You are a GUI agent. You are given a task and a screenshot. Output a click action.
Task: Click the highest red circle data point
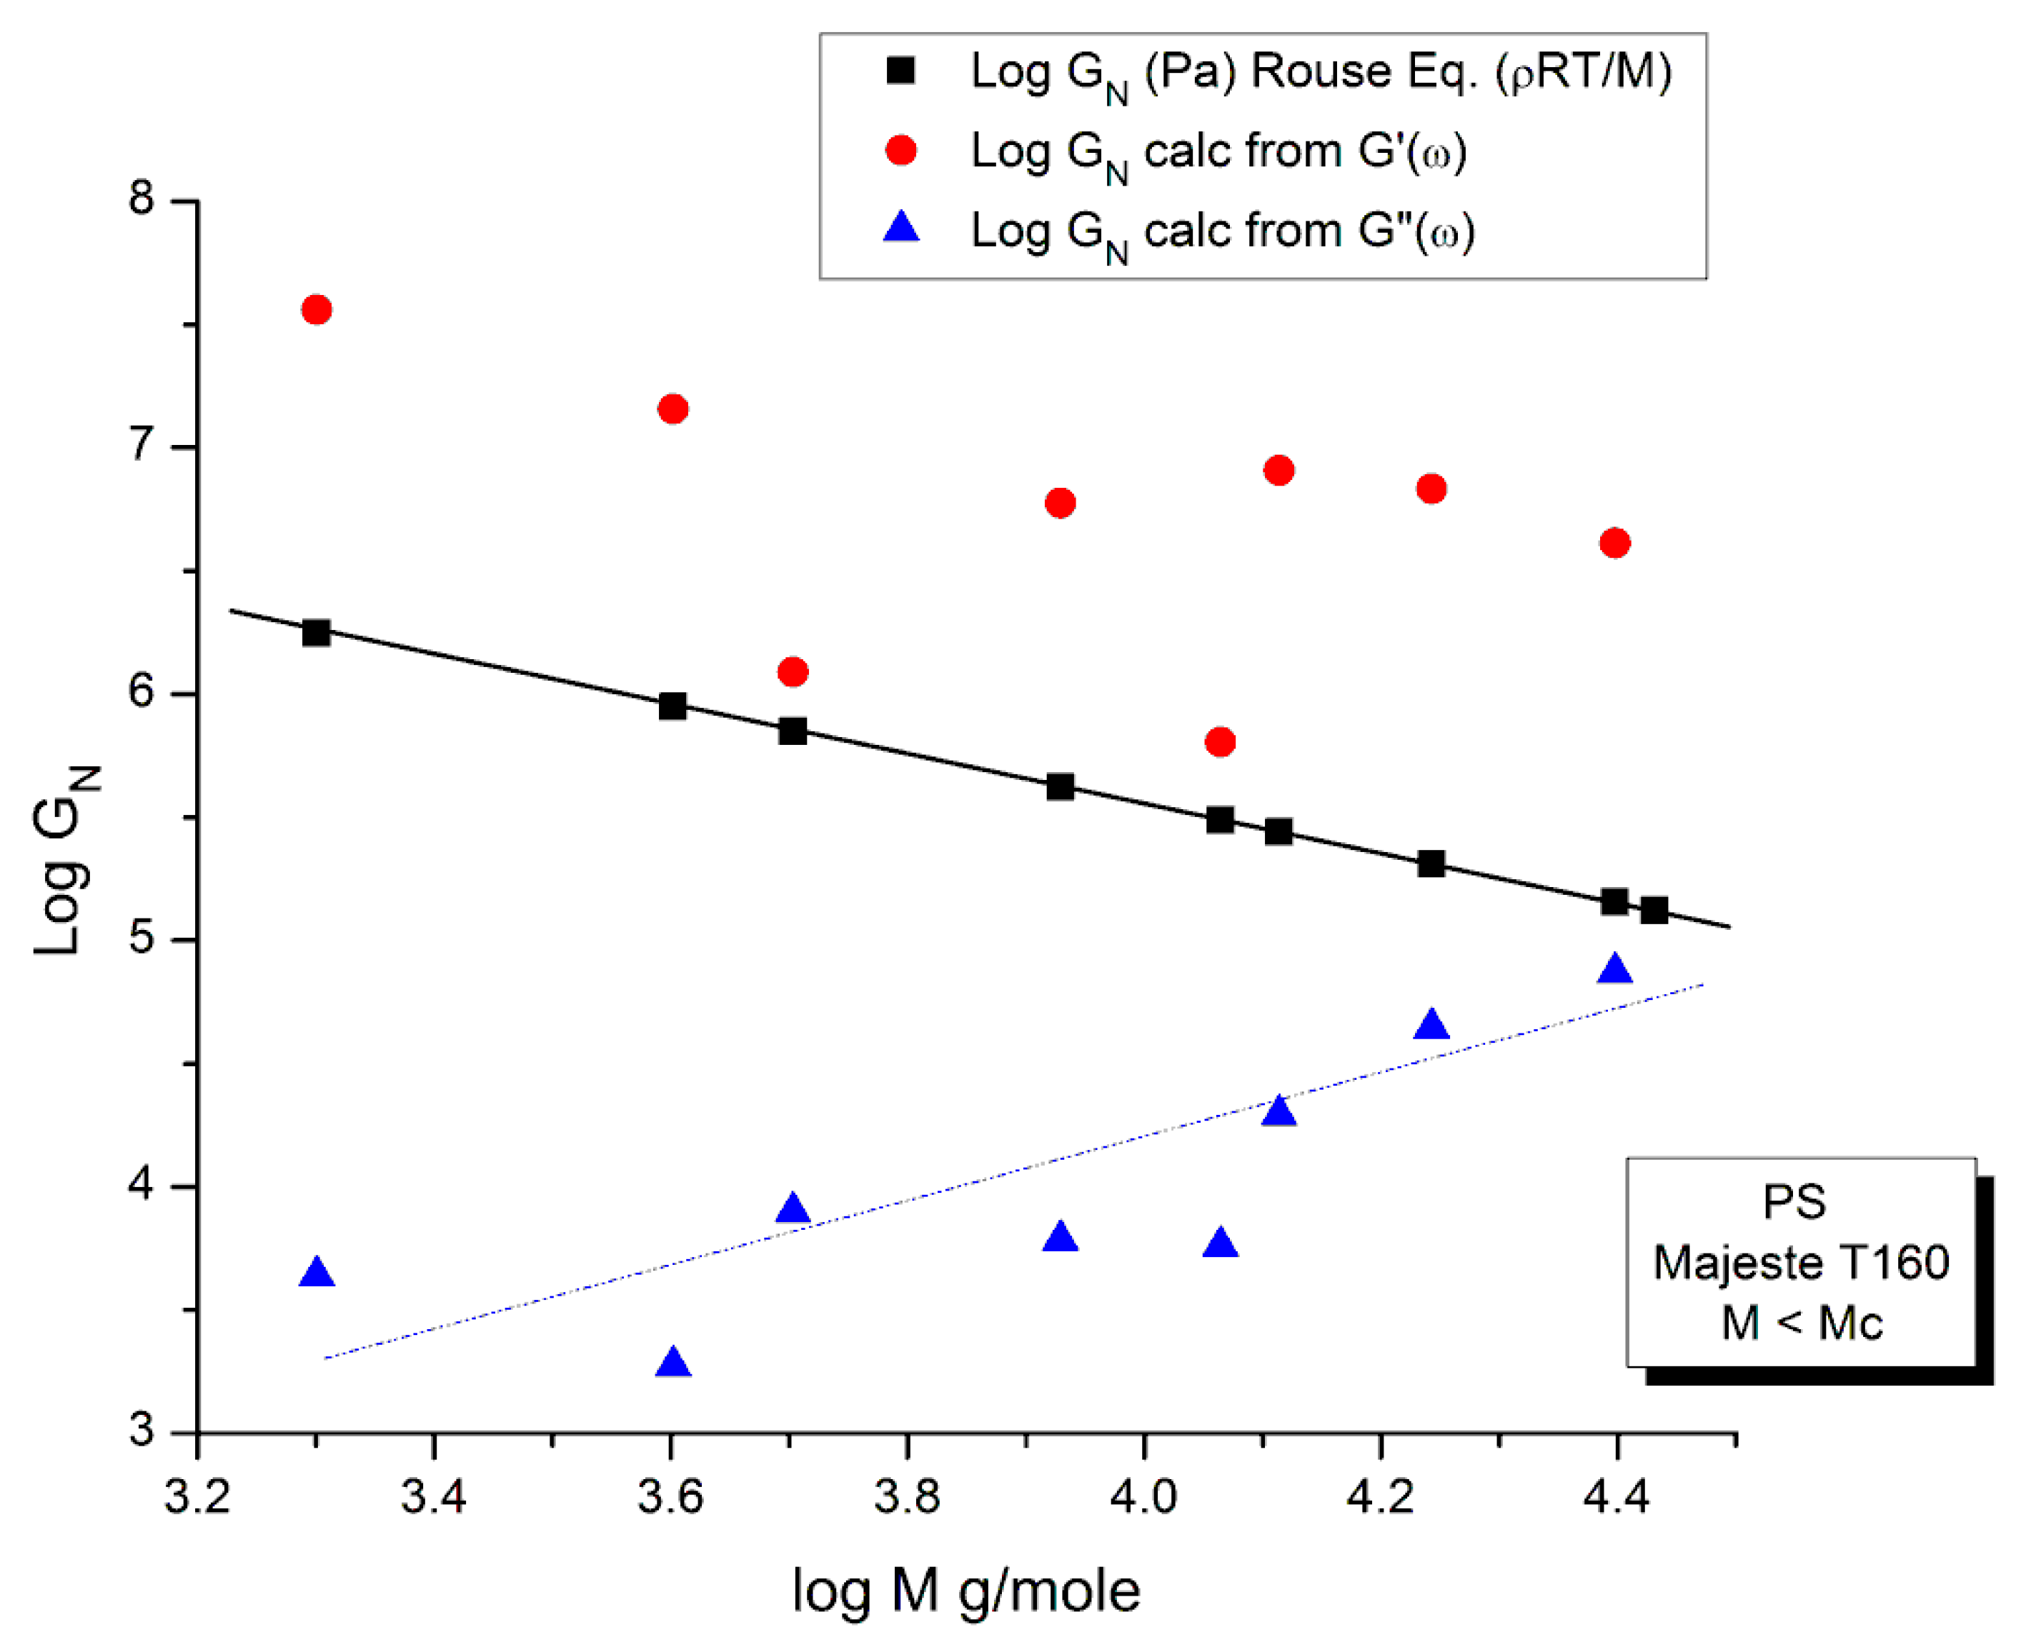(x=316, y=309)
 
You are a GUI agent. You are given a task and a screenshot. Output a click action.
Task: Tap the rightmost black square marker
(x=1654, y=911)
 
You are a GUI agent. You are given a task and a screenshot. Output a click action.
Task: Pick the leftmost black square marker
(x=316, y=633)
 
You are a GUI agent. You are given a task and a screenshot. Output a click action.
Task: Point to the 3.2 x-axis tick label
(x=197, y=1497)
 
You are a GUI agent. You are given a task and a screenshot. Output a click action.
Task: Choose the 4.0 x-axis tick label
(x=1143, y=1497)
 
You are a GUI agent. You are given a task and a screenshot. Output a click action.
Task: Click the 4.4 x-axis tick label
(x=1616, y=1497)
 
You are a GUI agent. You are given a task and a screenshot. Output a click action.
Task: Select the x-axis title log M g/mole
(x=965, y=1590)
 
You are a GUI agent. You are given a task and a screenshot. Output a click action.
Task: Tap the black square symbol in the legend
(x=900, y=71)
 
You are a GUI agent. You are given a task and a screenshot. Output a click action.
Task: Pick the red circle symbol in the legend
(x=900, y=151)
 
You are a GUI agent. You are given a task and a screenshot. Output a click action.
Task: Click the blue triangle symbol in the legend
(x=900, y=229)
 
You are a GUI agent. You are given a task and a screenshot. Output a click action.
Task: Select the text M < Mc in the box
(x=1801, y=1323)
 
